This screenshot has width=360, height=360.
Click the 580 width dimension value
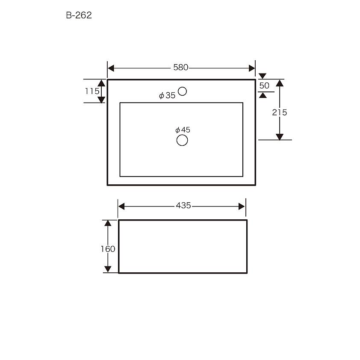(181, 68)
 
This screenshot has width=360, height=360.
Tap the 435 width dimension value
(183, 206)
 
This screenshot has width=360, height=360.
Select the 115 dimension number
(92, 91)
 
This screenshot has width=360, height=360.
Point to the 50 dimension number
(264, 86)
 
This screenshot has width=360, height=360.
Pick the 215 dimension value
(280, 112)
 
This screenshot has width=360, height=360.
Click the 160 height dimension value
(108, 249)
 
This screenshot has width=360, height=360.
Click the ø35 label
(167, 96)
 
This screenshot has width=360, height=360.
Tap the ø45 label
(183, 130)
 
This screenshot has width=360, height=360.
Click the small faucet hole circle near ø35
(183, 91)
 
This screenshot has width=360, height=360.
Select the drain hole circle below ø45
(182, 140)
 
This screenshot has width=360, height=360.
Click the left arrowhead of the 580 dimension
(111, 68)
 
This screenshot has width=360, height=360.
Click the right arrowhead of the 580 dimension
(252, 68)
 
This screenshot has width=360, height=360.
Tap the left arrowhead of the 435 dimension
(121, 207)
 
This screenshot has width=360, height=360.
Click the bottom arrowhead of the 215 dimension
(280, 136)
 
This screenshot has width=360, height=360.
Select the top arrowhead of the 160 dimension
(108, 223)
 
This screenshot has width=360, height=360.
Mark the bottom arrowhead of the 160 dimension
(108, 269)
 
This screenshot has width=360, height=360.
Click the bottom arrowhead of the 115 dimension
(101, 100)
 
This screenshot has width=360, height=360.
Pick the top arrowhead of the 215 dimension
(280, 83)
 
